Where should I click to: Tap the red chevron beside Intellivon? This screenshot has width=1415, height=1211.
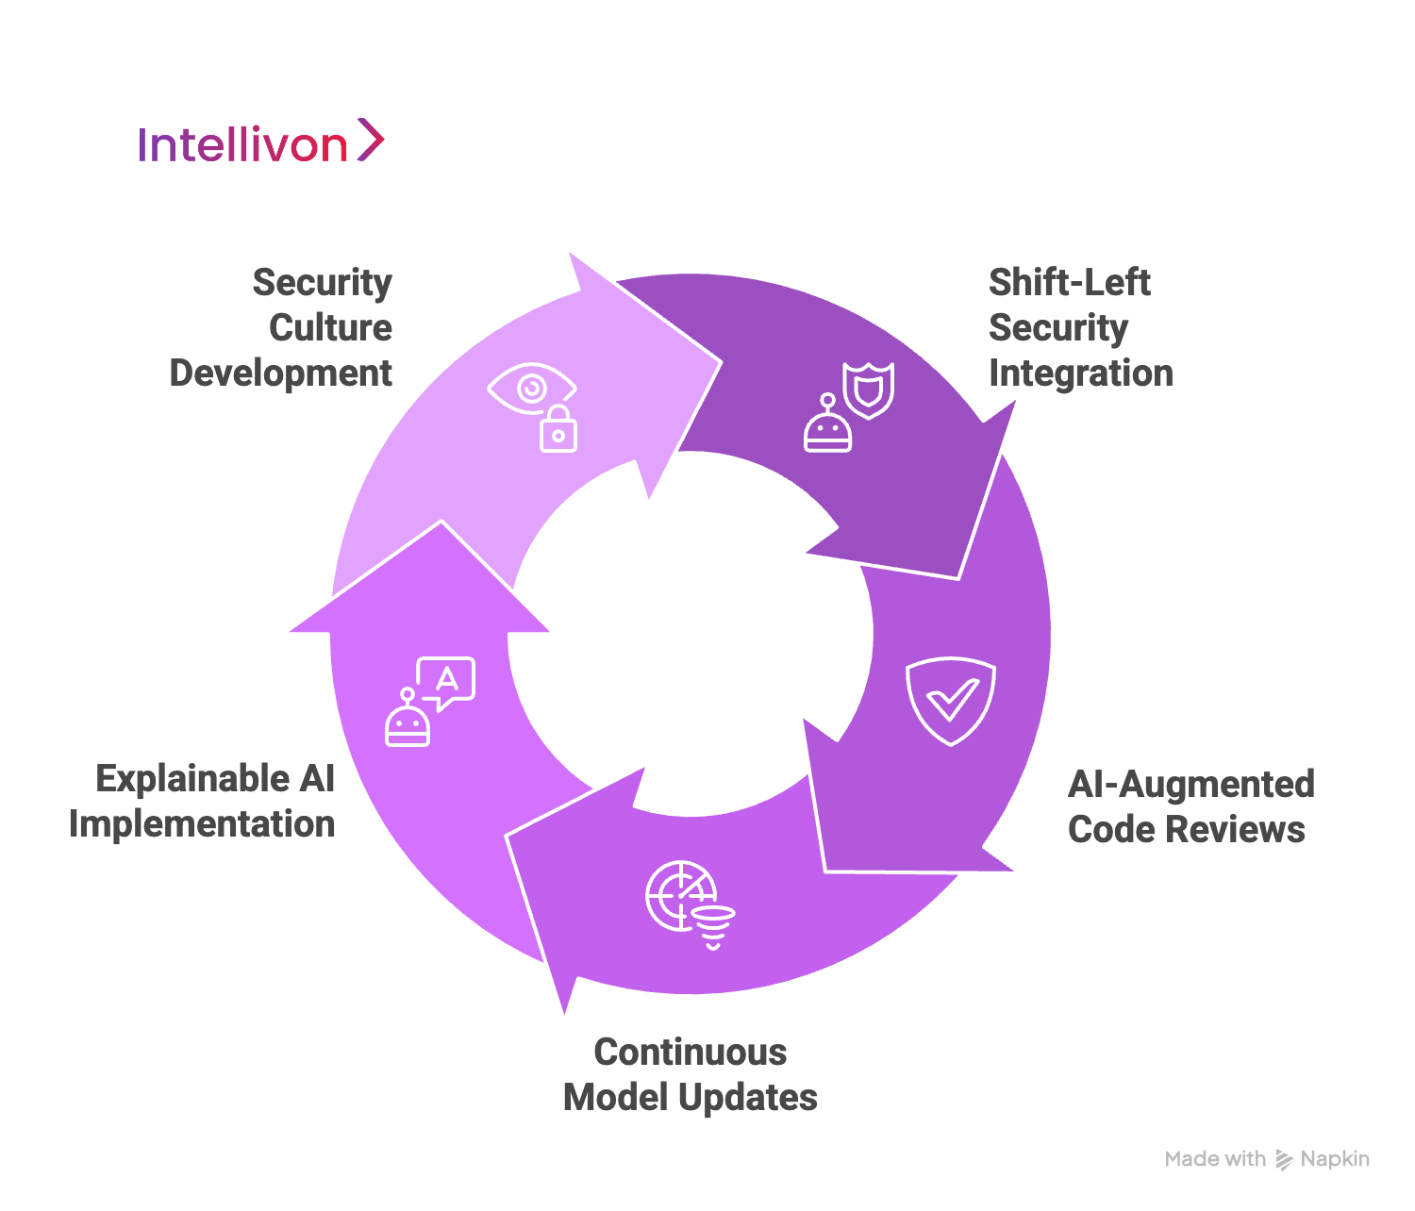pyautogui.click(x=371, y=141)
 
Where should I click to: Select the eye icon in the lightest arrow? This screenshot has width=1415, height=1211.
pyautogui.click(x=530, y=388)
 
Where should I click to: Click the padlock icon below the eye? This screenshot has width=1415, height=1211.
pyautogui.click(x=558, y=429)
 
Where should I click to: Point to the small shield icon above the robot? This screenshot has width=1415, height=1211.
pyautogui.click(x=868, y=389)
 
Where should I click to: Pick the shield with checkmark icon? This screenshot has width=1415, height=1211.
pyautogui.click(x=950, y=701)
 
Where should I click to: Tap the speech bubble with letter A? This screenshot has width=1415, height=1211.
pyautogui.click(x=446, y=680)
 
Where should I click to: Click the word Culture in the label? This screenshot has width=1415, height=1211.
pyautogui.click(x=330, y=327)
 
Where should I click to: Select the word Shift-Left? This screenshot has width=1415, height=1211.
pyautogui.click(x=1069, y=282)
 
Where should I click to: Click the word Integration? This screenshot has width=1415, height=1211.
pyautogui.click(x=1080, y=373)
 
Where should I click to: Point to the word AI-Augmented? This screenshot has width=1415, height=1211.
pyautogui.click(x=1190, y=784)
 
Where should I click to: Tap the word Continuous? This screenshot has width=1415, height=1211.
pyautogui.click(x=690, y=1052)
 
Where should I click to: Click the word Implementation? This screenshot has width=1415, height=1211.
pyautogui.click(x=202, y=823)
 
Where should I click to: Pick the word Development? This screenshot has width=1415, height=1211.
pyautogui.click(x=280, y=373)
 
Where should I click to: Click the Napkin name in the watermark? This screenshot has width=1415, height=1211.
pyautogui.click(x=1334, y=1159)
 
